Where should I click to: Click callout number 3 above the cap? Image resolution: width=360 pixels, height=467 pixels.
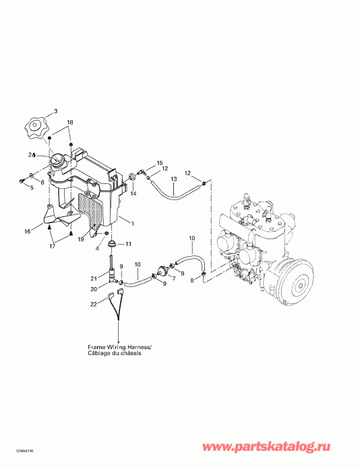[55, 111]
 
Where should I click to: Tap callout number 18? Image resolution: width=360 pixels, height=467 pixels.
[70, 122]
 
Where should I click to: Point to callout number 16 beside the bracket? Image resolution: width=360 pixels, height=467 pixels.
[28, 231]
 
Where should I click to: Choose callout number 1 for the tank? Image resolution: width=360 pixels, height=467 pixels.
[133, 223]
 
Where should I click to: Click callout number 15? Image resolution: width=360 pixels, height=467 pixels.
[160, 163]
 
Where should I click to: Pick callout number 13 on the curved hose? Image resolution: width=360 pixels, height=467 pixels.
[173, 179]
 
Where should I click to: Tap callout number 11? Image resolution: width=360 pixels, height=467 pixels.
[129, 243]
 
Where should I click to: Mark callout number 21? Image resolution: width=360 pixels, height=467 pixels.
[95, 278]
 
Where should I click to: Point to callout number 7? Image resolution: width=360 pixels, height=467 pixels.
[172, 278]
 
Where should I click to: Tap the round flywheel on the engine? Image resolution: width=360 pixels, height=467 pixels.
[295, 279]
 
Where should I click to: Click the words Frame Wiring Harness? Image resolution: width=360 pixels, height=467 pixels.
[119, 348]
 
